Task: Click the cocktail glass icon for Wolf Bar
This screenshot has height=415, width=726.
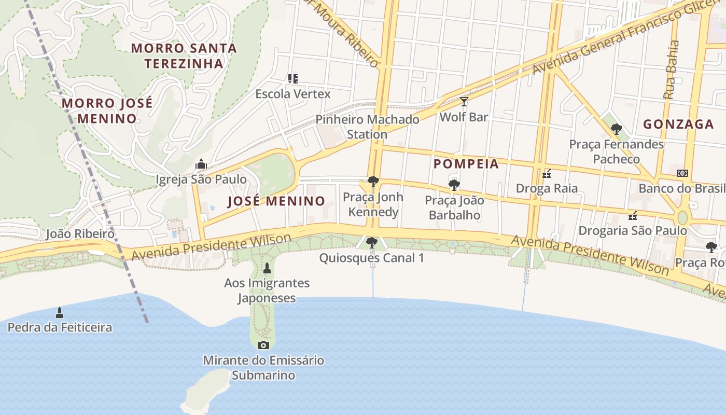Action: point(464,102)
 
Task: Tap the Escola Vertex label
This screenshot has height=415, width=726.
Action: point(292,94)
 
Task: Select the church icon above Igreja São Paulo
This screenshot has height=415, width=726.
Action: point(201,164)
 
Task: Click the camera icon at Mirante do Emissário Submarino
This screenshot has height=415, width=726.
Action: point(263,345)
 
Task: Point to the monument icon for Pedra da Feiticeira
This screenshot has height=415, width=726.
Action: point(60,312)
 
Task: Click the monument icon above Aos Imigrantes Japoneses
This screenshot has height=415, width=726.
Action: point(267,268)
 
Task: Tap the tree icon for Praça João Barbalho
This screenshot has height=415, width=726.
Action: point(454,185)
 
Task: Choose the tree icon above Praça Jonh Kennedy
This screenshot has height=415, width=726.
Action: point(373,182)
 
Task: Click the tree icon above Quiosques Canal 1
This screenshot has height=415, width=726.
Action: point(372,242)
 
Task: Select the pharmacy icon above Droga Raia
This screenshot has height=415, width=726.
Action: point(547,173)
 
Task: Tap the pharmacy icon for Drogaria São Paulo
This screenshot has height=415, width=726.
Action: point(633,215)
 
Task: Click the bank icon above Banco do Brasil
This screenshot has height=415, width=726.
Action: point(682,173)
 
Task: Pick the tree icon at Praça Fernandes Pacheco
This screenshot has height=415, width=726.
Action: point(616,129)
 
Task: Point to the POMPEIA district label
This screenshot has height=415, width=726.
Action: point(466,164)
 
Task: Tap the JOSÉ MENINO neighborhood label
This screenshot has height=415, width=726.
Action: point(276,201)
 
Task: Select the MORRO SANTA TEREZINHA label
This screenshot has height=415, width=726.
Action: point(184,56)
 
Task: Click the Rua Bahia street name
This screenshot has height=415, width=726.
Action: point(672,71)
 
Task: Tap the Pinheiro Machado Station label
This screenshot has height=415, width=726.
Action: point(367,127)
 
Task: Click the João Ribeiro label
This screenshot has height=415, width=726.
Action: point(80,234)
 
